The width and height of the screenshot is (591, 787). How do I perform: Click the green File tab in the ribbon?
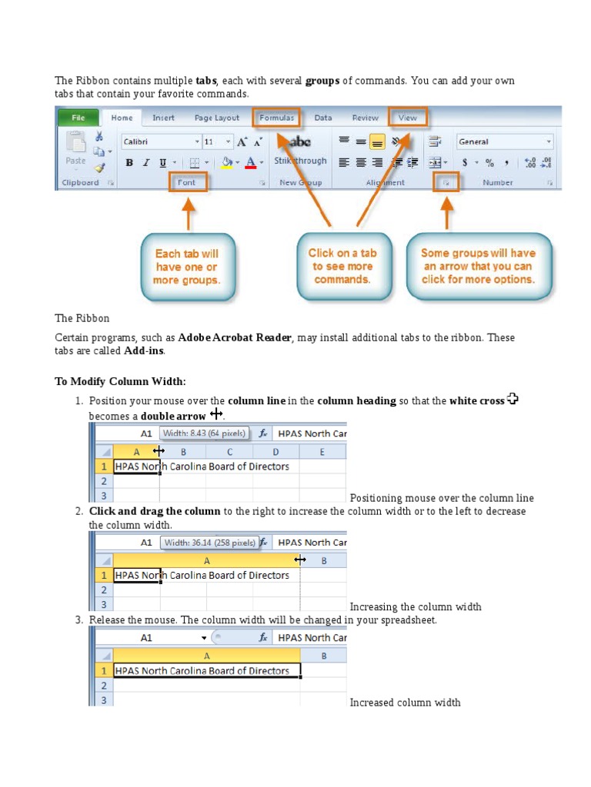pyautogui.click(x=78, y=118)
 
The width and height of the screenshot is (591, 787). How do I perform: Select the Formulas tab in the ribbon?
pyautogui.click(x=277, y=118)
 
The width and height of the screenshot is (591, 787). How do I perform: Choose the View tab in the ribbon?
pyautogui.click(x=407, y=118)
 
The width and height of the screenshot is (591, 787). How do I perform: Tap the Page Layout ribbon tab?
pyautogui.click(x=216, y=118)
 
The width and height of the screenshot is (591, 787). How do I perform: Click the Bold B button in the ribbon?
pyautogui.click(x=129, y=162)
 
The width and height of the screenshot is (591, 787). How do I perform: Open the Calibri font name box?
pyautogui.click(x=158, y=141)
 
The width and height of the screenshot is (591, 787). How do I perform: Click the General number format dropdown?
pyautogui.click(x=504, y=141)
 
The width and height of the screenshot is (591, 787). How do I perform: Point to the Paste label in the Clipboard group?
pyautogui.click(x=75, y=161)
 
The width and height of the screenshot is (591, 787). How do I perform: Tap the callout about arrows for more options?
pyautogui.click(x=478, y=266)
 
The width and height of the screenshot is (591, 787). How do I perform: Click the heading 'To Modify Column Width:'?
pyautogui.click(x=120, y=382)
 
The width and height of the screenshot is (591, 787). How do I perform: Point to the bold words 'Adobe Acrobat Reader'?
pyautogui.click(x=235, y=337)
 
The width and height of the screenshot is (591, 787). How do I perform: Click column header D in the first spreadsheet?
pyautogui.click(x=275, y=452)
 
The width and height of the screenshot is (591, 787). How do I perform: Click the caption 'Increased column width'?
pyautogui.click(x=405, y=702)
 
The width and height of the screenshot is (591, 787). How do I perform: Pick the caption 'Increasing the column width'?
pyautogui.click(x=416, y=606)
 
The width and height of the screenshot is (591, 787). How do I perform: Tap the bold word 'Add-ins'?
pyautogui.click(x=143, y=350)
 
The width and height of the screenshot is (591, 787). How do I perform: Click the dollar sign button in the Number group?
pyautogui.click(x=465, y=162)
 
